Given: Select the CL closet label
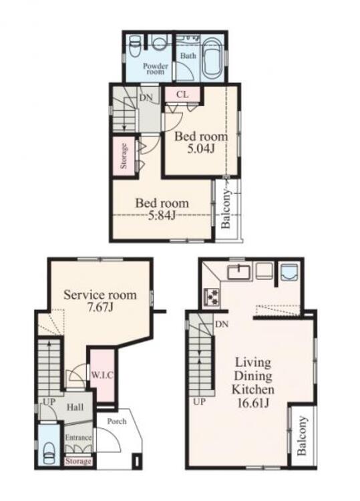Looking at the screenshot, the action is click(182, 95).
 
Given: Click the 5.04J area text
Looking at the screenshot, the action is click(200, 148).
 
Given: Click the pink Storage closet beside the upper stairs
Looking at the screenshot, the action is click(124, 156).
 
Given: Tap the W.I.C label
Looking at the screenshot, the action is click(102, 375).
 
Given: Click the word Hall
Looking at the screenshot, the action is click(75, 407).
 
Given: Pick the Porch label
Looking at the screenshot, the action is click(117, 422).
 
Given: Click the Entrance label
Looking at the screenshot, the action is click(78, 438).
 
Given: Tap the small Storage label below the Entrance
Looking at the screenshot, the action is click(78, 461).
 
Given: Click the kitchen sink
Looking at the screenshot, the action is click(239, 273).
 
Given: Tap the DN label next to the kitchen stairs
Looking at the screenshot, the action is click(222, 324).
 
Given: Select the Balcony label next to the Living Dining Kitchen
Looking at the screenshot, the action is click(301, 435).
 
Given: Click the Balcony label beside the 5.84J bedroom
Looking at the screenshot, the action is click(226, 209).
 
